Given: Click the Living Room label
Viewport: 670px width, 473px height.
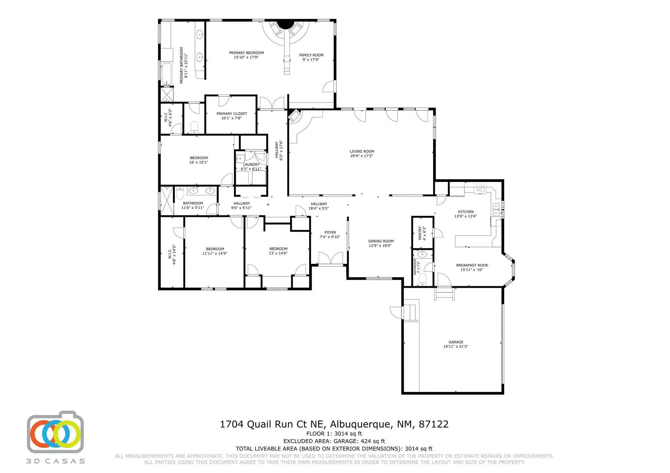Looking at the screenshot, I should (x=362, y=151).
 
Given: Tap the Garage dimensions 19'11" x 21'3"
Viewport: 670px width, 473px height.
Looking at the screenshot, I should (x=456, y=347).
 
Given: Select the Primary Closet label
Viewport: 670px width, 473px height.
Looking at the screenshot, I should (x=232, y=114).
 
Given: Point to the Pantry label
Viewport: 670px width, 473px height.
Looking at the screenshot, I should (x=420, y=233).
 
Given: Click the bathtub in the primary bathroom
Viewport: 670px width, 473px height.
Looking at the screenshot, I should (x=166, y=74).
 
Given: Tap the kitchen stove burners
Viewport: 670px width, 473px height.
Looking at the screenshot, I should (x=480, y=188).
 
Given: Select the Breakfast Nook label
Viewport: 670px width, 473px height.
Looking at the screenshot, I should (x=472, y=265).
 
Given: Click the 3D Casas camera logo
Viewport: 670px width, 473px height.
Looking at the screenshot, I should (x=55, y=432).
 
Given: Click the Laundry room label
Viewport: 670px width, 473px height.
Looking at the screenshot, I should (x=251, y=164).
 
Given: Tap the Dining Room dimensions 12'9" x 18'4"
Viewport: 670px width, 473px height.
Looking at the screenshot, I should (x=381, y=246).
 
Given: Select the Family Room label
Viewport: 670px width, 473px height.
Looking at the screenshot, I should (x=311, y=55).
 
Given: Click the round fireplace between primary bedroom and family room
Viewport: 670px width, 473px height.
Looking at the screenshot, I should (x=286, y=24).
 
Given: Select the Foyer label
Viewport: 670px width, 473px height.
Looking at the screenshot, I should (x=330, y=233).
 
